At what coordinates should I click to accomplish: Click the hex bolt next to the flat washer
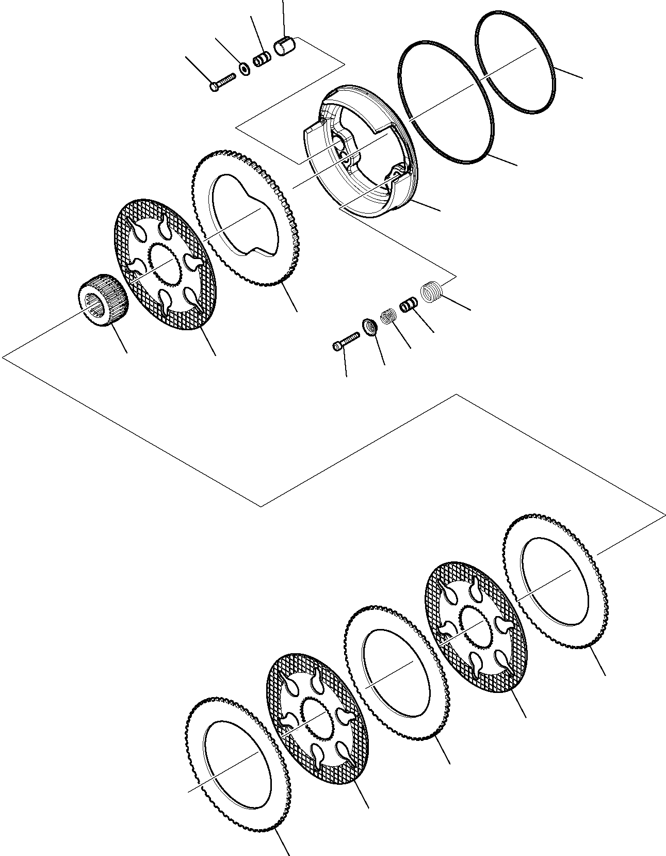click(x=222, y=82)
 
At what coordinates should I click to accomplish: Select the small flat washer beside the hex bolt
click(x=243, y=68)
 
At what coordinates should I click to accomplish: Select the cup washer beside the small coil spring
click(x=369, y=326)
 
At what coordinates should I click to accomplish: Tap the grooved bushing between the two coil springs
click(x=408, y=304)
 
